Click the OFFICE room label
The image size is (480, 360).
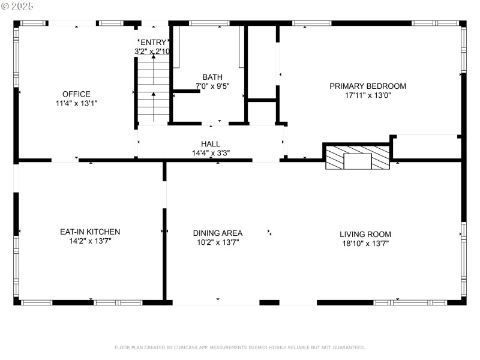click(76, 94)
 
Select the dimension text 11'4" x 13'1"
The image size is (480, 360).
click(76, 103)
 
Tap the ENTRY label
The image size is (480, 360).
click(154, 42)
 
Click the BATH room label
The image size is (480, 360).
click(212, 77)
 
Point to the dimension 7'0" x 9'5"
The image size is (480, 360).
click(212, 86)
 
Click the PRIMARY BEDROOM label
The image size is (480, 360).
click(367, 86)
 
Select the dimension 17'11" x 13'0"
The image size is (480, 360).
click(367, 95)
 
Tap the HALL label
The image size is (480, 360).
click(211, 144)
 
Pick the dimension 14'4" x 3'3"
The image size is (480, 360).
click(211, 153)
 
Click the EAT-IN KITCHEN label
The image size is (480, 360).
click(90, 232)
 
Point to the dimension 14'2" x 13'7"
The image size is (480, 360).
click(90, 241)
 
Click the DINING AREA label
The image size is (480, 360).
click(218, 233)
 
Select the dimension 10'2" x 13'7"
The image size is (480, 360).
click(218, 242)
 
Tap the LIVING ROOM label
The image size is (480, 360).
click(365, 234)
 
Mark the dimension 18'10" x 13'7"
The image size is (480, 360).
click(365, 244)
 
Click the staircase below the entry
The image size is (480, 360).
click(154, 90)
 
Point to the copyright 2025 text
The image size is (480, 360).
click(17, 5)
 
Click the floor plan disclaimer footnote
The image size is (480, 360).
click(239, 347)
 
